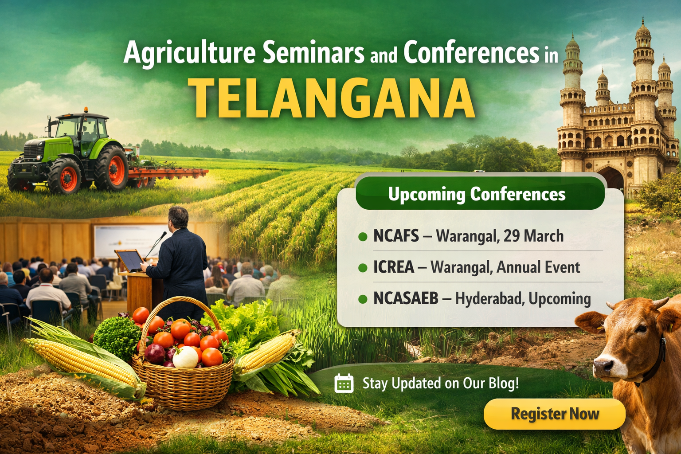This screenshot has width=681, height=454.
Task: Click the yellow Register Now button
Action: point(555,414)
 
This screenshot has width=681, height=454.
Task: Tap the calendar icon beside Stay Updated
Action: point(344,384)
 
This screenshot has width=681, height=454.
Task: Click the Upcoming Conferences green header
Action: point(480,193)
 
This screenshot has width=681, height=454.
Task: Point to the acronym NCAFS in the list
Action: point(396,236)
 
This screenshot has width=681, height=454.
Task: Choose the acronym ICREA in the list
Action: point(393,267)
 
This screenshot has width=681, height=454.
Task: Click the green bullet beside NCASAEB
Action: point(363,299)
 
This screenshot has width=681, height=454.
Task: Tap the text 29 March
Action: point(533,236)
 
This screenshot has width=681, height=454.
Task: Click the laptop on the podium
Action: point(129,261)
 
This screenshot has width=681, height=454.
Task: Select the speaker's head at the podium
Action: point(179,218)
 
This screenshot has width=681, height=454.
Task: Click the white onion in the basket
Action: point(185,357)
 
